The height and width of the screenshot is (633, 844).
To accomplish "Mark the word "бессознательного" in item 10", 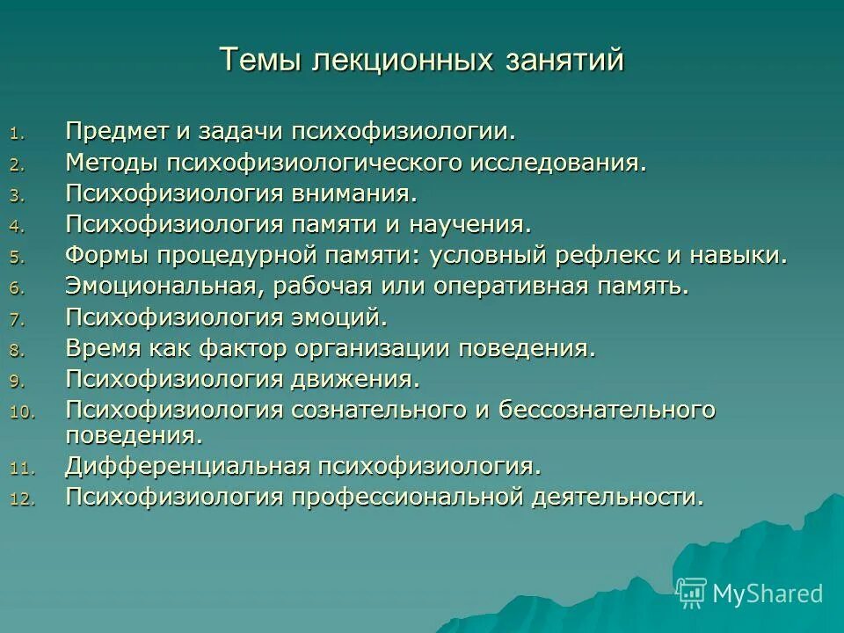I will [608, 409].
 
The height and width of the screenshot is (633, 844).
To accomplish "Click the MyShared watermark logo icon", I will [692, 593].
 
